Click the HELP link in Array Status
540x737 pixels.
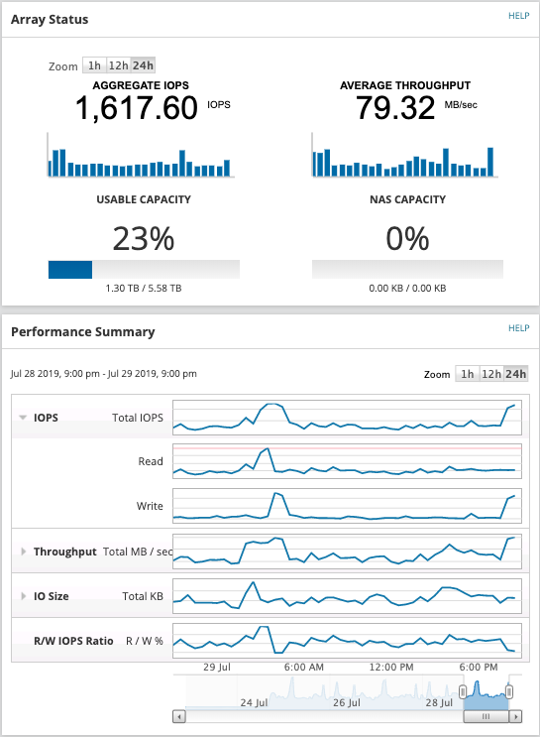pyautogui.click(x=519, y=17)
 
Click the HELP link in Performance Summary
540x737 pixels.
pyautogui.click(x=519, y=328)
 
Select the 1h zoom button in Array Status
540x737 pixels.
pyautogui.click(x=94, y=65)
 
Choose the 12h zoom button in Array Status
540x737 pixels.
pyautogui.click(x=118, y=65)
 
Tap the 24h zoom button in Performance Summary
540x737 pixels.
pyautogui.click(x=516, y=374)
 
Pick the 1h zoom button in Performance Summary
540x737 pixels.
pyautogui.click(x=467, y=374)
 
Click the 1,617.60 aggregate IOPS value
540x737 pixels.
pyautogui.click(x=137, y=108)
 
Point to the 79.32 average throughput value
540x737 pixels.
pyautogui.click(x=390, y=108)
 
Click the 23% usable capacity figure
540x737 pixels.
pyautogui.click(x=144, y=239)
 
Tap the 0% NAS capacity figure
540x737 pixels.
pyautogui.click(x=407, y=239)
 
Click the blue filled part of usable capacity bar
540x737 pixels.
pyautogui.click(x=70, y=269)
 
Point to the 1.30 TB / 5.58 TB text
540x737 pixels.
pyautogui.click(x=144, y=289)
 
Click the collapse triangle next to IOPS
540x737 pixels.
pyautogui.click(x=23, y=418)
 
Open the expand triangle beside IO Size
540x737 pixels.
pyautogui.click(x=23, y=596)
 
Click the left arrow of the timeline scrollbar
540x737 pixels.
pyautogui.click(x=178, y=716)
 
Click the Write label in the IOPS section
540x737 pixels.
pyautogui.click(x=150, y=506)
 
